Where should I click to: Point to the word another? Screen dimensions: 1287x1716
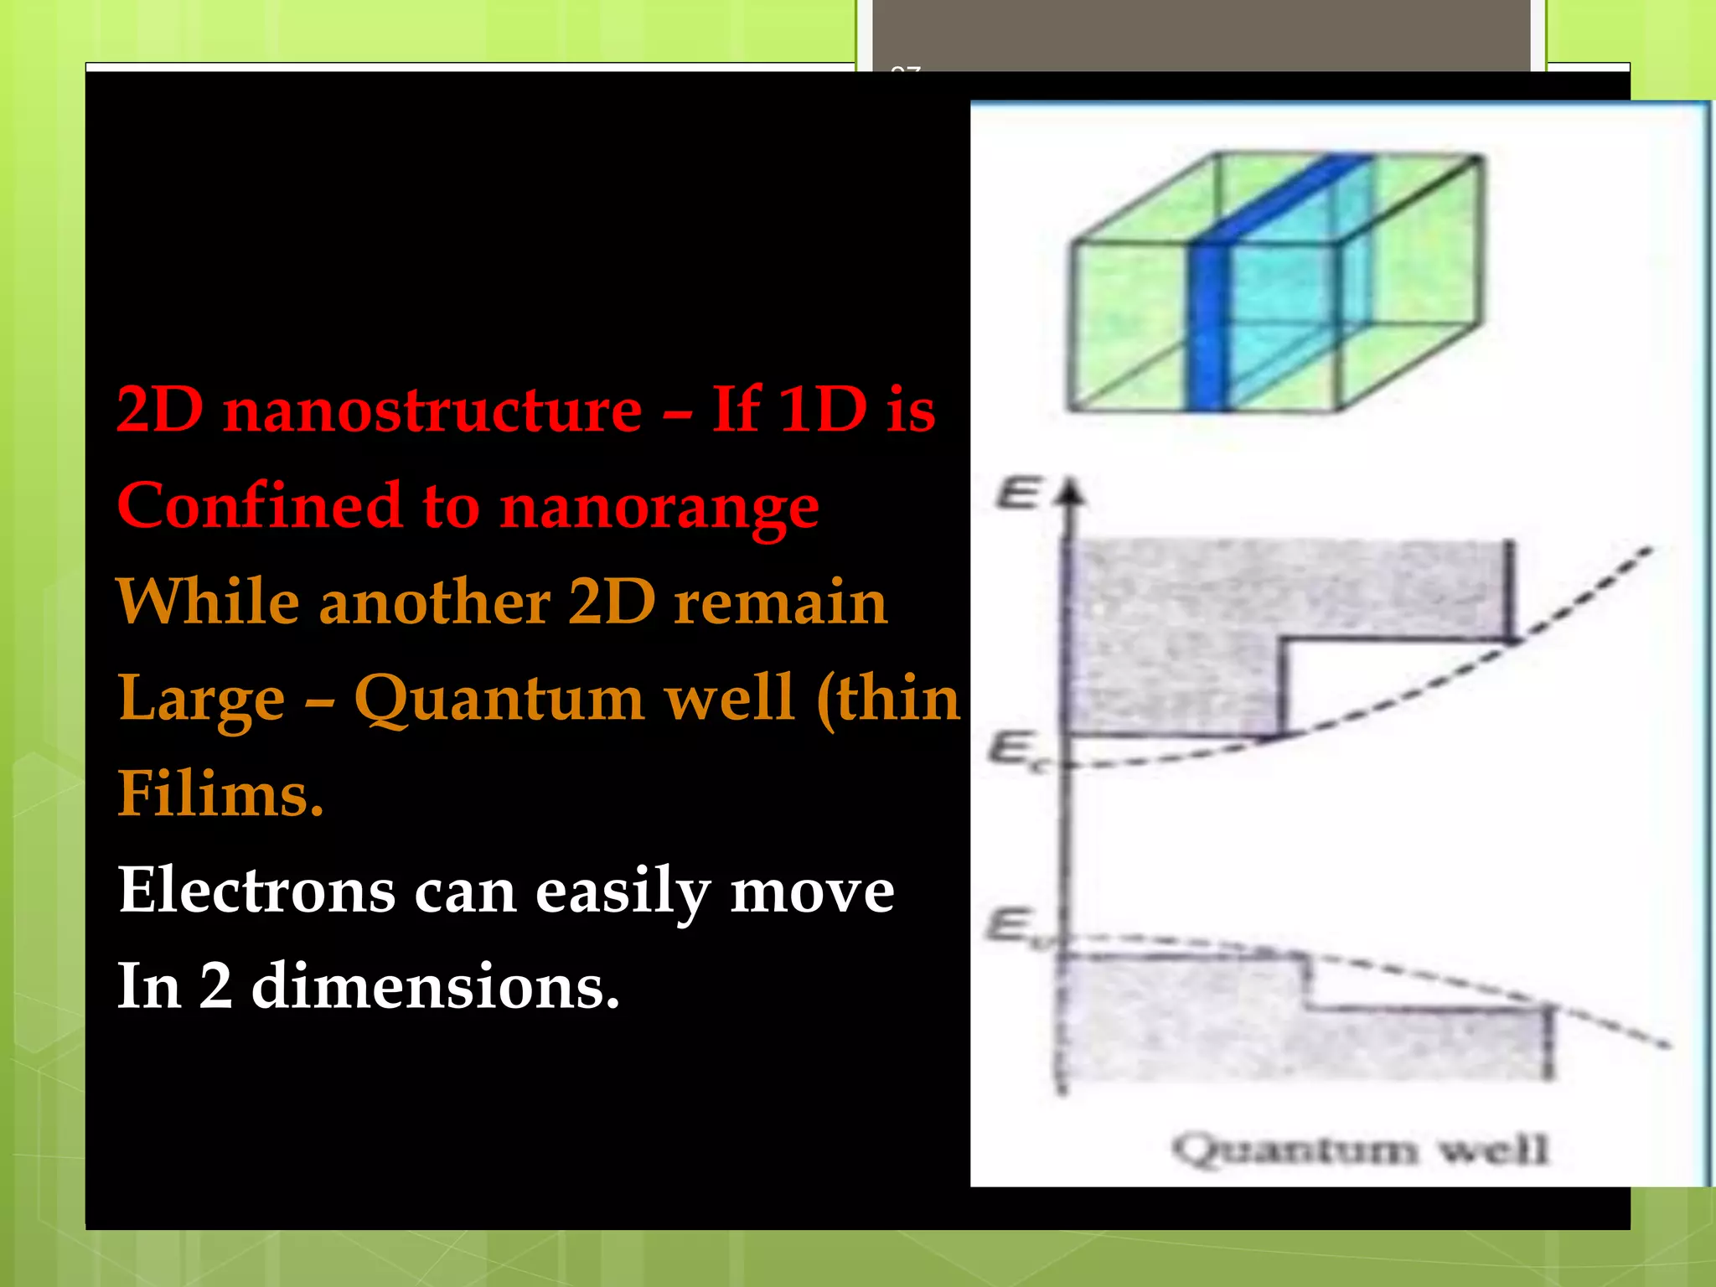click(x=434, y=603)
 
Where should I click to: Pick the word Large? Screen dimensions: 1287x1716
click(x=201, y=700)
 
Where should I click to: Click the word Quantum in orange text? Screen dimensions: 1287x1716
click(x=499, y=700)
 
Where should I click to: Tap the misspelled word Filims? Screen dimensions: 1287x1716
click(x=220, y=794)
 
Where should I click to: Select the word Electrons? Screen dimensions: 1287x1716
click(x=256, y=890)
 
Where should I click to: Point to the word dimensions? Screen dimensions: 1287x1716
click(x=435, y=986)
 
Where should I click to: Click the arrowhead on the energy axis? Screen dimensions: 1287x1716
click(x=1069, y=493)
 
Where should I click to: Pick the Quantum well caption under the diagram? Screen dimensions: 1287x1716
click(x=1359, y=1149)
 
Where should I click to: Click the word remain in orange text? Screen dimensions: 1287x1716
click(x=779, y=603)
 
